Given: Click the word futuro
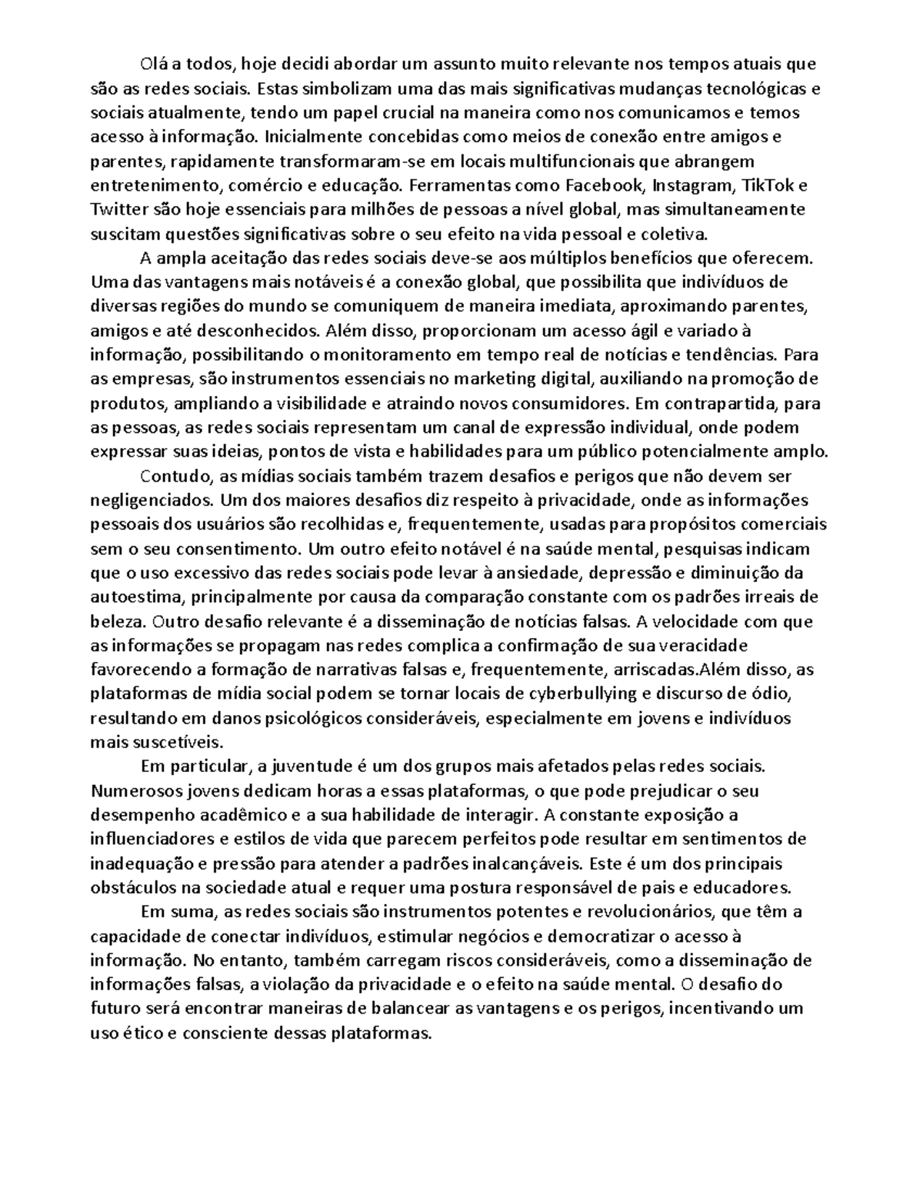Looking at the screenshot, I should click(x=115, y=1009).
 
